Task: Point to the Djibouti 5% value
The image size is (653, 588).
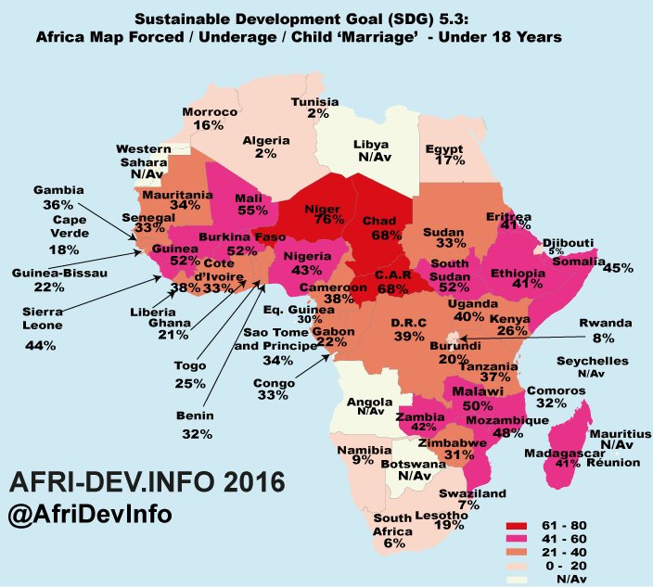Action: click(x=555, y=250)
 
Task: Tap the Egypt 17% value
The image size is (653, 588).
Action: click(x=449, y=160)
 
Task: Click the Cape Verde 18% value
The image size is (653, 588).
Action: click(x=64, y=249)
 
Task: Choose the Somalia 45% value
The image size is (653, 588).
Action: click(x=618, y=268)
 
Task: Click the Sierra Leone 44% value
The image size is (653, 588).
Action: click(x=42, y=345)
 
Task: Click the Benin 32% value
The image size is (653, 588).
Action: click(x=198, y=432)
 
